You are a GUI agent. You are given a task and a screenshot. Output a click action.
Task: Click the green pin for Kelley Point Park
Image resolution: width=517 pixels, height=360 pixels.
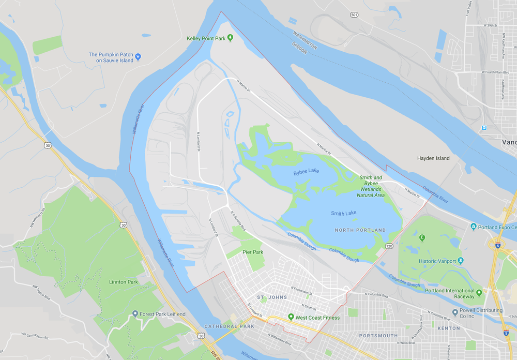(230, 38)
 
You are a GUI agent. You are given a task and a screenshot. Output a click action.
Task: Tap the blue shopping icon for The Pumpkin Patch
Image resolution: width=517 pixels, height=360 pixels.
(138, 57)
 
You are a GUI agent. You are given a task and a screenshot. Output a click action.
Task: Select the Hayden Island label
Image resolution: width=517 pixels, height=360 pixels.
(433, 158)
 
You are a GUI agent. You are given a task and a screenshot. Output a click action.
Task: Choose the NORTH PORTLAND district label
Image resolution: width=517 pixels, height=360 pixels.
(360, 230)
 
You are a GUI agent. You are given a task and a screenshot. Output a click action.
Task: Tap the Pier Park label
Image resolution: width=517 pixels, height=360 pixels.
(253, 252)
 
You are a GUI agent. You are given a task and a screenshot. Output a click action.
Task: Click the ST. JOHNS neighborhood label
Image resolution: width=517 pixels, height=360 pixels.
(268, 297)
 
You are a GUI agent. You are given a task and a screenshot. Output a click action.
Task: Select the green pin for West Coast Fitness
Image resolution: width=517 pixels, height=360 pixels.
(291, 317)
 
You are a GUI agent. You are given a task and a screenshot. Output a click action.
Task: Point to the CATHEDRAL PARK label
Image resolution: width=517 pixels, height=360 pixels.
(229, 326)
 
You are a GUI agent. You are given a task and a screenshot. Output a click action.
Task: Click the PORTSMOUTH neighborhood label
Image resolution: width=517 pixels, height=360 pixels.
(379, 336)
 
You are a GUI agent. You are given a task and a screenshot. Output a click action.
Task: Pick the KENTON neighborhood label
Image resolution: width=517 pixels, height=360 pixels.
(448, 328)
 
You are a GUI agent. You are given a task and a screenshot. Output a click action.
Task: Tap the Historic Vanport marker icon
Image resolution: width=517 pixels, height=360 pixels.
(461, 261)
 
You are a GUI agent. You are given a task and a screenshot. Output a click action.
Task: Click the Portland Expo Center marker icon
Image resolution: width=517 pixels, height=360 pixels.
(474, 227)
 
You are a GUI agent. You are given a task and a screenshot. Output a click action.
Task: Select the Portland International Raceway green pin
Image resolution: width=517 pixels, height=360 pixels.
(479, 293)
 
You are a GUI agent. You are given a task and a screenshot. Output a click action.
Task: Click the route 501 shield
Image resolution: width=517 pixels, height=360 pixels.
(354, 14)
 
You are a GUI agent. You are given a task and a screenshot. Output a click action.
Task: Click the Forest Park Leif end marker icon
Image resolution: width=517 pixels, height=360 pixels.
(135, 313)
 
